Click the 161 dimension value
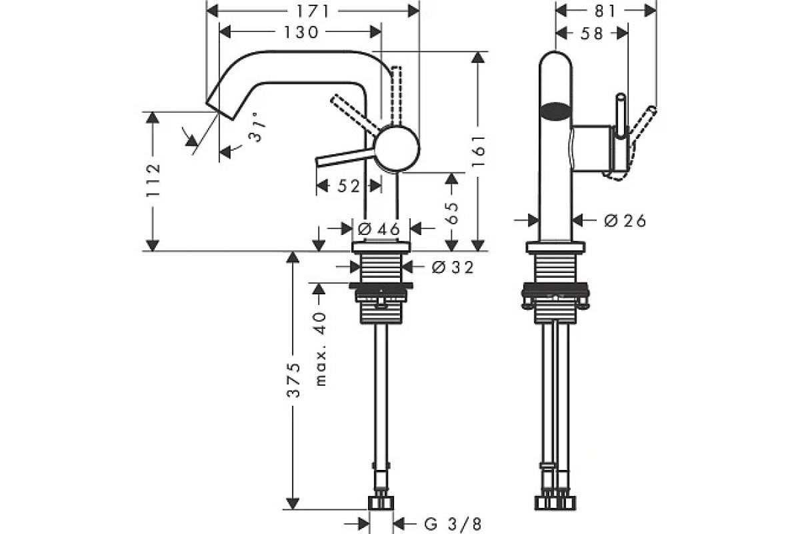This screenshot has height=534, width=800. point(478,151)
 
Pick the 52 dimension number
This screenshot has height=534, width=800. point(348,186)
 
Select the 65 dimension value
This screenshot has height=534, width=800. point(451,214)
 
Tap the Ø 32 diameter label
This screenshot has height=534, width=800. point(452,267)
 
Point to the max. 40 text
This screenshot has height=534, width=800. point(321,348)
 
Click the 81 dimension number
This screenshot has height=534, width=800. point(605,11)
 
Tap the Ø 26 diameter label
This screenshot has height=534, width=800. point(625,220)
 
